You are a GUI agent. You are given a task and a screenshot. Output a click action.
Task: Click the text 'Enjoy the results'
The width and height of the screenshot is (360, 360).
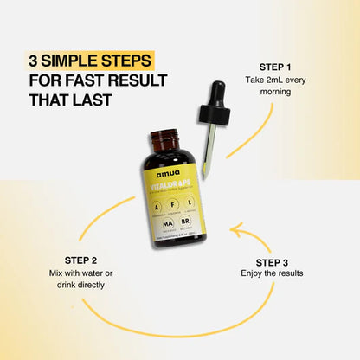click(x=278, y=273)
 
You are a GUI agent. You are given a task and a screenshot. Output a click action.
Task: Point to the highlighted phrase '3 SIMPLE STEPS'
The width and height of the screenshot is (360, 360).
click(x=91, y=61)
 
